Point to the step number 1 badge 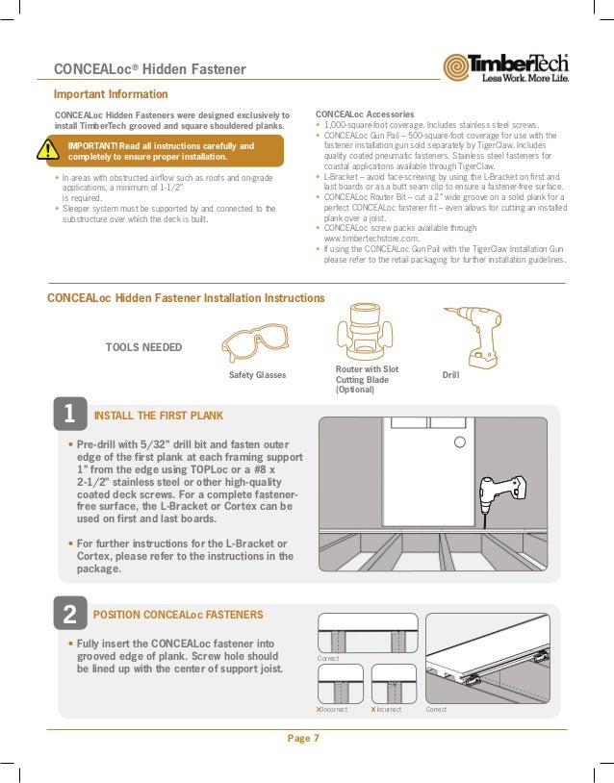(68, 415)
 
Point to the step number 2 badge (68, 614)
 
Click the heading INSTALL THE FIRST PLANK (158, 416)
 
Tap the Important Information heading (111, 94)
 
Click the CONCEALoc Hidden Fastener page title (150, 68)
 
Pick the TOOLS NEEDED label (142, 346)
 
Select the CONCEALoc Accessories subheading (362, 114)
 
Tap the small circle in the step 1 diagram (460, 442)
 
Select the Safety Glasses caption (257, 374)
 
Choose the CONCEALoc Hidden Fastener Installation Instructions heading (186, 298)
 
